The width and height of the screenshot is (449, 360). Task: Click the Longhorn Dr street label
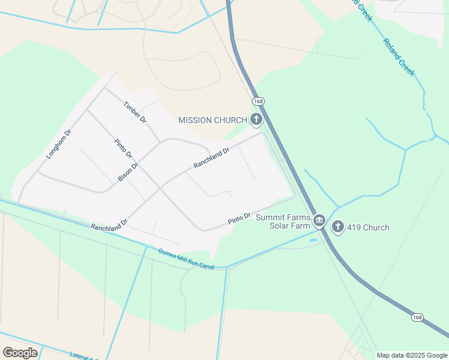(59, 144)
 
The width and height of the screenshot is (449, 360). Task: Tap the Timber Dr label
(135, 112)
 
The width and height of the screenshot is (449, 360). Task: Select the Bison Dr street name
(128, 172)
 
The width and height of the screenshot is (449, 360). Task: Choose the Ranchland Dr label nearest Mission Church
(211, 158)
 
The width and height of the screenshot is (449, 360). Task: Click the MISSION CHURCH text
(212, 120)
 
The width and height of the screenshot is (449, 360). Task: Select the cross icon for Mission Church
(256, 119)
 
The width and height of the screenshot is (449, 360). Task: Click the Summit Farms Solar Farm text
(283, 221)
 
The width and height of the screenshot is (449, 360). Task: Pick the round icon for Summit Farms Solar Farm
(319, 221)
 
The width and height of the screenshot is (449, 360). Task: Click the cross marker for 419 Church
(338, 227)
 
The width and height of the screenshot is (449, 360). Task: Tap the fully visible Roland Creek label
(399, 58)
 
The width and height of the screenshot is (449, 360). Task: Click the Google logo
(20, 353)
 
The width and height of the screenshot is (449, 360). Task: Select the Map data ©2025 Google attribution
(412, 355)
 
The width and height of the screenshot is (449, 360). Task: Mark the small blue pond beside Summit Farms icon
(314, 241)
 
